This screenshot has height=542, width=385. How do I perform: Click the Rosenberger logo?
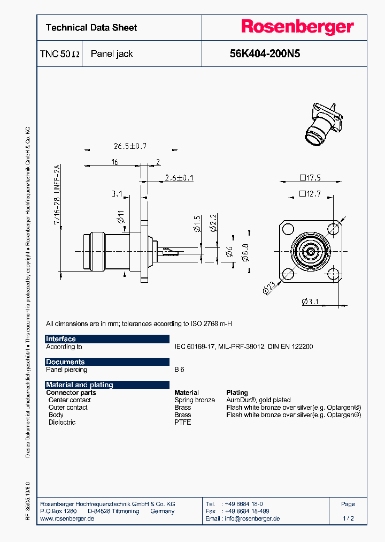[x=297, y=27]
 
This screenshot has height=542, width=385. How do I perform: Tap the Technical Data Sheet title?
[x=91, y=28]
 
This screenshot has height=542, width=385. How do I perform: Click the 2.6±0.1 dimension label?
[x=179, y=177]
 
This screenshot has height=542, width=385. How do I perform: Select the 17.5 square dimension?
[x=310, y=178]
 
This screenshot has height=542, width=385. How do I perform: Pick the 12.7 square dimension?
[x=310, y=193]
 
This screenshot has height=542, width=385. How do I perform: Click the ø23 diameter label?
[x=269, y=289]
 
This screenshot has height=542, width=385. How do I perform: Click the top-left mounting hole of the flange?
[x=287, y=229]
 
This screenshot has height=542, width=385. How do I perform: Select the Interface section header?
[x=61, y=339]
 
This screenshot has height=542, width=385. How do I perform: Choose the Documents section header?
[x=65, y=362]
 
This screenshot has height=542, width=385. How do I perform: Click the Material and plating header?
[x=80, y=385]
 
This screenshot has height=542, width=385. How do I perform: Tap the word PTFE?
[x=182, y=422]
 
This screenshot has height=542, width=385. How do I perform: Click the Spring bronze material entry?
[x=195, y=400]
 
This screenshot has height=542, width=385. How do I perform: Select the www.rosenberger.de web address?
[x=67, y=518]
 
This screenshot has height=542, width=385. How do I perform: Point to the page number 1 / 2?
[x=348, y=518]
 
